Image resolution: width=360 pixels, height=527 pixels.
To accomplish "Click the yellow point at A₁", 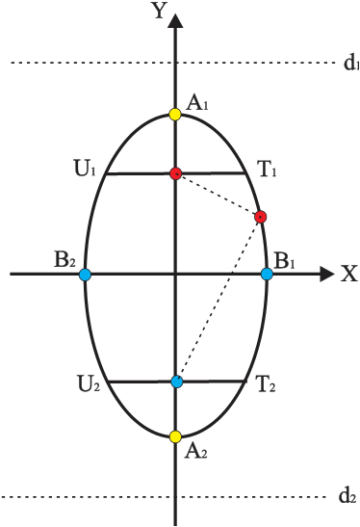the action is (x=175, y=115).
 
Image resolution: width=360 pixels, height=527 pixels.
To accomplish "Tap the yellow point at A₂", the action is (x=175, y=436).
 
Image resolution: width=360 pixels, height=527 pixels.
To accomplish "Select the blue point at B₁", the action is (x=267, y=274).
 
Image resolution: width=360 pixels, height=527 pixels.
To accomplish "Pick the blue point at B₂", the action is (x=85, y=275).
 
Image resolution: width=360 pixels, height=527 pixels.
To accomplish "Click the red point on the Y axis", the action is (x=175, y=173).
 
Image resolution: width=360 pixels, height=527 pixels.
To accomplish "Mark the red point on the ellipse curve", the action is (x=260, y=217).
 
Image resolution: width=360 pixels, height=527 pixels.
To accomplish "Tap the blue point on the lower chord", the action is (x=176, y=382).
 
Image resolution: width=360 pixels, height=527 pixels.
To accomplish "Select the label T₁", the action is (x=267, y=171).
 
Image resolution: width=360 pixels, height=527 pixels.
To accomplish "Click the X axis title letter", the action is (x=348, y=275).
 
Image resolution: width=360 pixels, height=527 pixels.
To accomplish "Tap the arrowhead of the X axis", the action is (x=326, y=275).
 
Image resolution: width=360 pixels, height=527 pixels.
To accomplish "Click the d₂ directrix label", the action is (x=348, y=497).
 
